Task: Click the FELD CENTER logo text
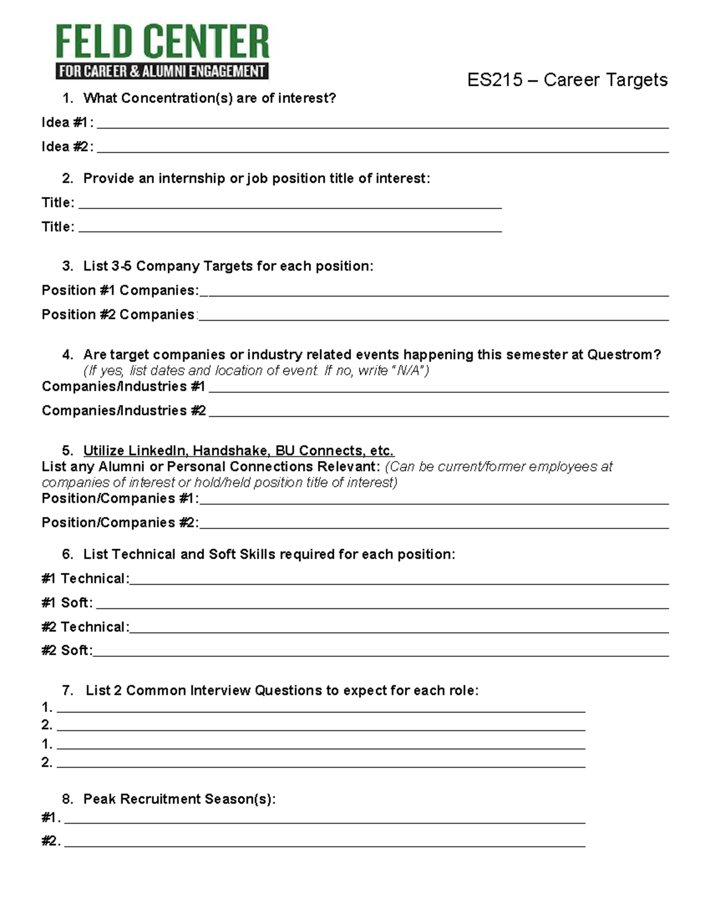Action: [x=162, y=41]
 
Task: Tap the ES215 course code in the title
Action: [x=495, y=80]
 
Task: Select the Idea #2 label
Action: [x=67, y=147]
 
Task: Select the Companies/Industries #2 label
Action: [x=124, y=411]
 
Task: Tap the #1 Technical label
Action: [x=85, y=579]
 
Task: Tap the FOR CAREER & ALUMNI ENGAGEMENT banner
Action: [x=162, y=71]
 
